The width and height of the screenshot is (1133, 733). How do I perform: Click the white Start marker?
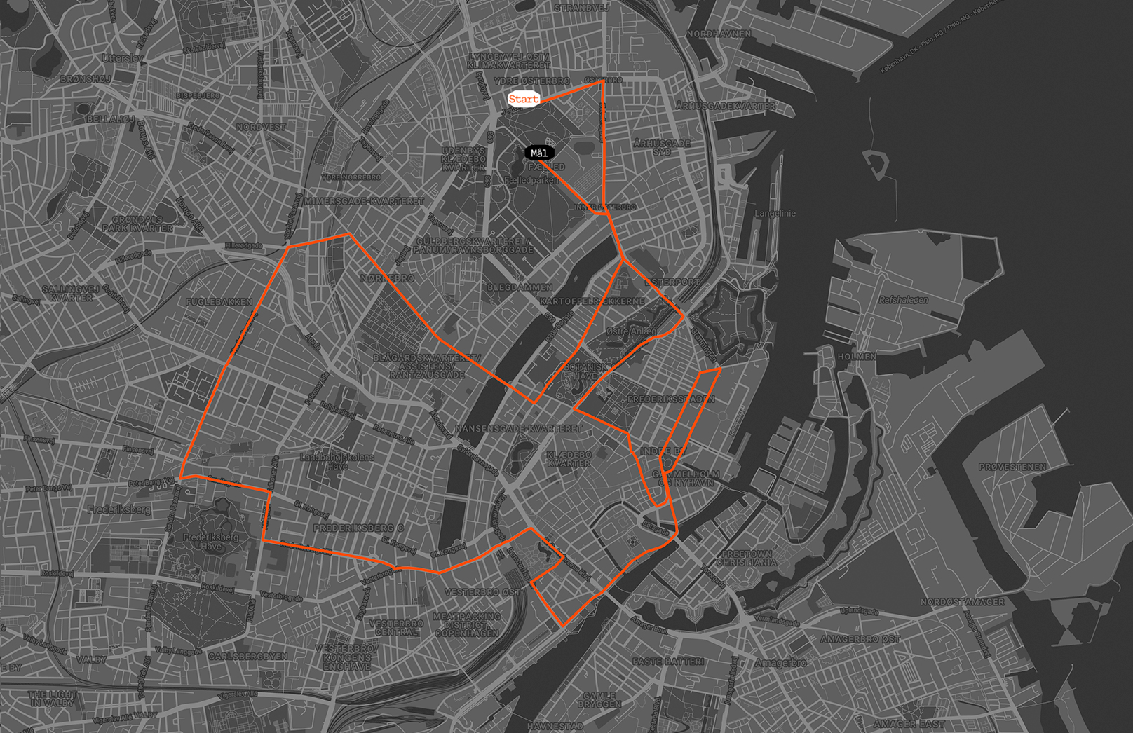click(x=523, y=99)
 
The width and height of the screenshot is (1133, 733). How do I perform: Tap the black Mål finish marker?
click(x=539, y=153)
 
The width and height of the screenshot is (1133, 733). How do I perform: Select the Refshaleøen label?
click(x=903, y=300)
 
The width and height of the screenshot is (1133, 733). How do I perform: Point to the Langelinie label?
click(x=775, y=214)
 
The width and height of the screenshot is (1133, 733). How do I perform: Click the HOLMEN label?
click(x=856, y=357)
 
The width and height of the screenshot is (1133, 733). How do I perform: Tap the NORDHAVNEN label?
click(x=719, y=34)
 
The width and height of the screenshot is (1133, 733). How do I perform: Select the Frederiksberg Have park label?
click(x=210, y=542)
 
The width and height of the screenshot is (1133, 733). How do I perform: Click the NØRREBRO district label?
click(x=387, y=278)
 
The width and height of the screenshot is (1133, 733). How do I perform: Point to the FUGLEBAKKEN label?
click(x=219, y=302)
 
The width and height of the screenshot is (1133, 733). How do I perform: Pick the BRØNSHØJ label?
click(x=86, y=79)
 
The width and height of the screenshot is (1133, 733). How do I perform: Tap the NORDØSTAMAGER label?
click(x=962, y=602)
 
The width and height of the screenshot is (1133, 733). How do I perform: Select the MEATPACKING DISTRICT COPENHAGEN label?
click(x=467, y=624)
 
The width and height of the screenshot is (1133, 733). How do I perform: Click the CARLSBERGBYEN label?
click(x=247, y=657)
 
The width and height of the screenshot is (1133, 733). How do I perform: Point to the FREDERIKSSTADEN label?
click(x=670, y=399)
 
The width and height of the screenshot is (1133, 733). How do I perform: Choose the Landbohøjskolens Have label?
click(x=337, y=461)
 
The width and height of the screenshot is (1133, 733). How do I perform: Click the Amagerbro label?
click(x=780, y=662)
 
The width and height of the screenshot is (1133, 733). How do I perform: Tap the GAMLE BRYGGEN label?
click(x=599, y=699)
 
